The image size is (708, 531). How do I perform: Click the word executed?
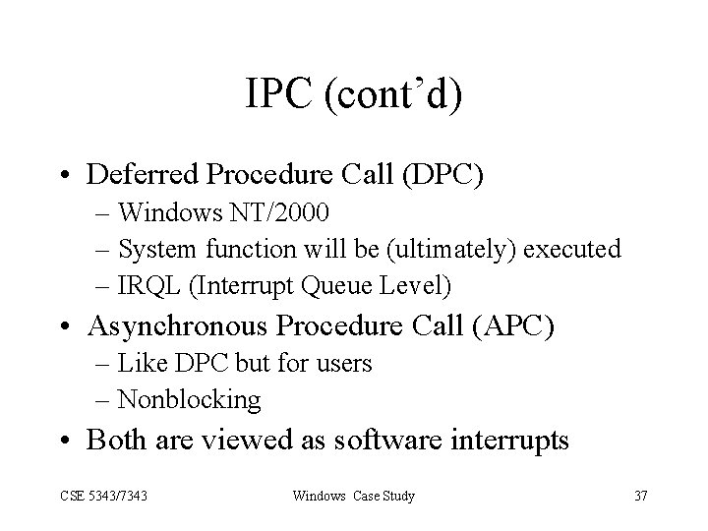click(575, 250)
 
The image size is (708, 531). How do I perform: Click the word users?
click(343, 364)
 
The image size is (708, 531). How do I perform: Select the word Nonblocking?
click(189, 399)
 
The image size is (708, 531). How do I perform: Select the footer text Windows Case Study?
click(353, 496)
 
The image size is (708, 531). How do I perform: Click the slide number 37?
click(640, 496)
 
